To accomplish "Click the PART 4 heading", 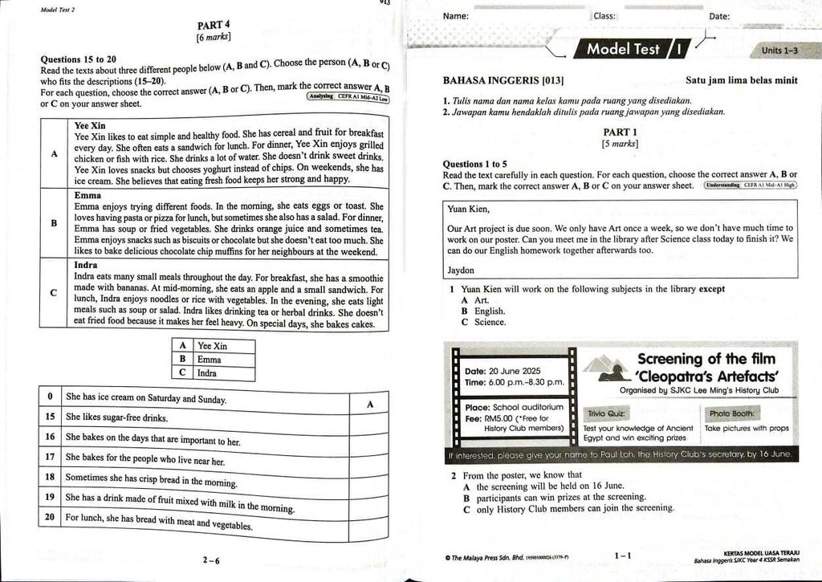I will point(214,25).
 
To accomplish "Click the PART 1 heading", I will point(620,132).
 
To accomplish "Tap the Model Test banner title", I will point(624,49).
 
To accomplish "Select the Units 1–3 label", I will point(779,51).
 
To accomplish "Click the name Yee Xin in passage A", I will point(90,126).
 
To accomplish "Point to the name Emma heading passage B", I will point(87,195).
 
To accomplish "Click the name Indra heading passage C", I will point(86,265).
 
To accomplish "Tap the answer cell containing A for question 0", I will point(370,405).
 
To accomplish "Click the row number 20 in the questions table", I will point(51,518).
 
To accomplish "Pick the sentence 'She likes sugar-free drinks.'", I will point(117,417).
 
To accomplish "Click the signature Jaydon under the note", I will point(461,271).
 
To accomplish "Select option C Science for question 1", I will point(484,323).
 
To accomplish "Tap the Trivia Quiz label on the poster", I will point(606,414).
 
